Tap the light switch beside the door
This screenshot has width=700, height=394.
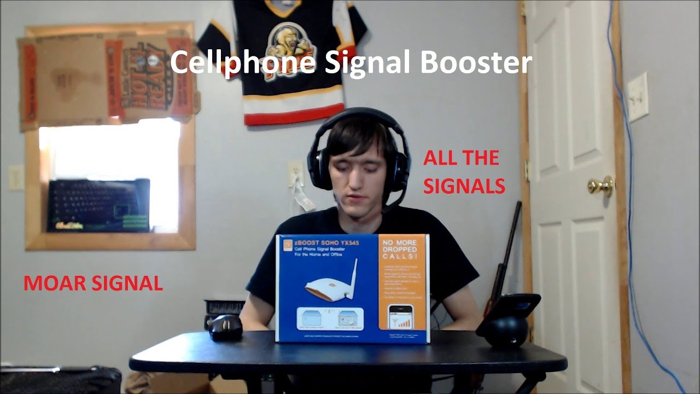[x=637, y=97]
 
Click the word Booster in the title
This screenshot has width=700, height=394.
[x=475, y=63]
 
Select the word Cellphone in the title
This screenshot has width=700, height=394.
[x=243, y=63]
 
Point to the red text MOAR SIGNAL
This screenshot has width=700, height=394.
[x=93, y=283]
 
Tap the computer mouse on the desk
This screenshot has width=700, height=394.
[x=225, y=327]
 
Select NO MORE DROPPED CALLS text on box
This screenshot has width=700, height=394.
[x=402, y=249]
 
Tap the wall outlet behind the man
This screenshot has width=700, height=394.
[x=296, y=173]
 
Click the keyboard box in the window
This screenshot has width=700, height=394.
[x=98, y=205]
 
